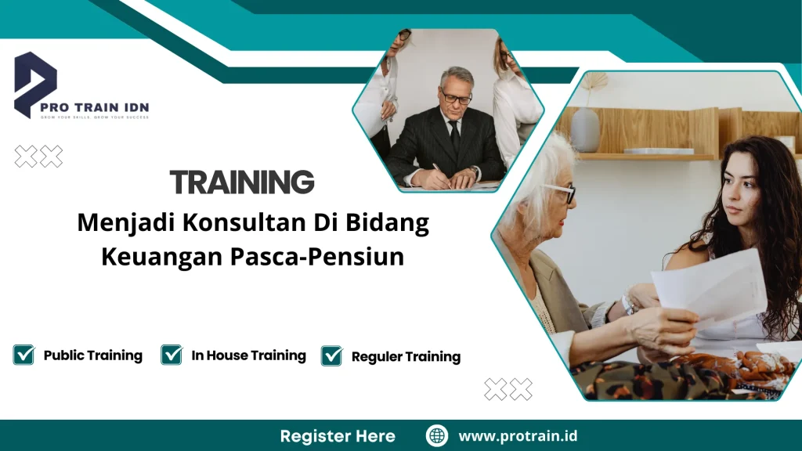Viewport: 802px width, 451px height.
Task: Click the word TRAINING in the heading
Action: pyautogui.click(x=242, y=182)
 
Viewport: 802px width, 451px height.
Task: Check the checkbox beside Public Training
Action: pyautogui.click(x=23, y=355)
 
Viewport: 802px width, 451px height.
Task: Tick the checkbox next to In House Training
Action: pyautogui.click(x=172, y=355)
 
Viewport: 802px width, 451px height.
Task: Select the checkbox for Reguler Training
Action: pyautogui.click(x=332, y=356)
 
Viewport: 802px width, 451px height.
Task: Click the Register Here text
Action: pyautogui.click(x=338, y=435)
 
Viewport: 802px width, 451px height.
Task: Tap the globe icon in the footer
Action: pyautogui.click(x=436, y=435)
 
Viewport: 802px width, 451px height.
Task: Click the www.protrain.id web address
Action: pyautogui.click(x=518, y=435)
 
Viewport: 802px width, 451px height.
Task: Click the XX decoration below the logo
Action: pyautogui.click(x=38, y=157)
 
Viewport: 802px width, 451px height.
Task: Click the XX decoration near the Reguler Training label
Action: pyautogui.click(x=508, y=388)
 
